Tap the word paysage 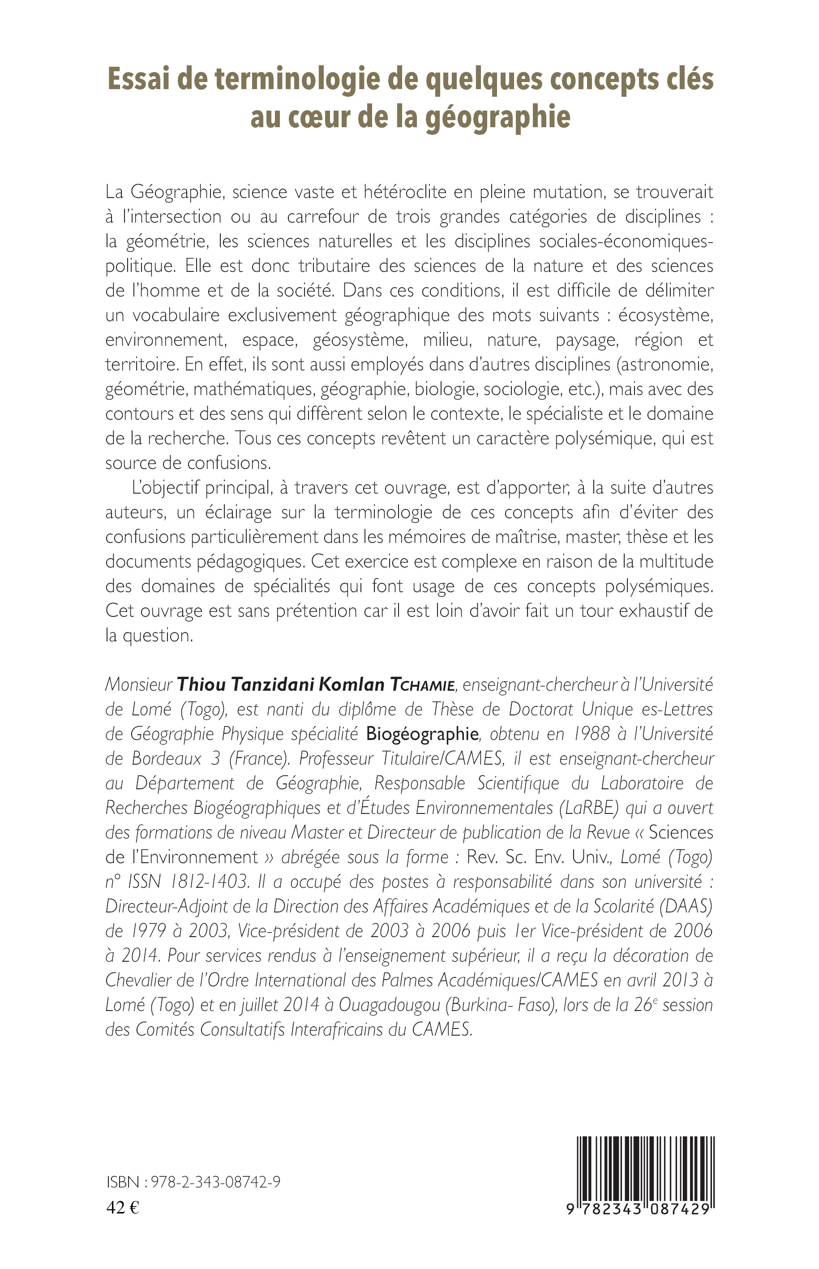coord(586,340)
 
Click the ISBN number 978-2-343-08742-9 coord(216,1182)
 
